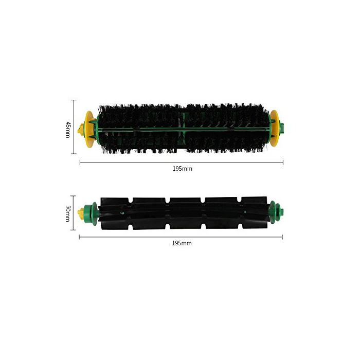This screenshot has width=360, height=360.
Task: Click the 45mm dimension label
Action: click(68, 130)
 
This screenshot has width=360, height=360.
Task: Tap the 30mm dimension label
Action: click(68, 213)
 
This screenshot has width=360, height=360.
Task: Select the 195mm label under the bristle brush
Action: click(183, 169)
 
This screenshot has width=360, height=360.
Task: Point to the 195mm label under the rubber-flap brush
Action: click(182, 243)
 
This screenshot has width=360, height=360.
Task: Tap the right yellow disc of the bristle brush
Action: click(274, 128)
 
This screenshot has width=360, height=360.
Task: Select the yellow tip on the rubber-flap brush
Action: click(81, 213)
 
